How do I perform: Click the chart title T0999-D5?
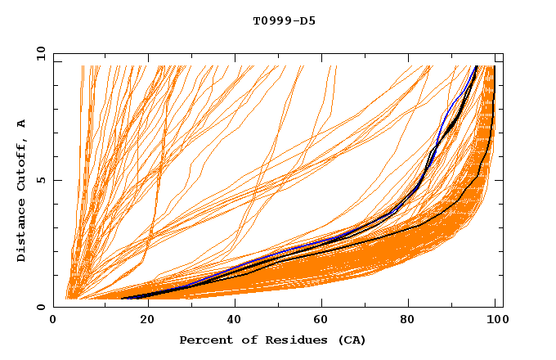coord(284,21)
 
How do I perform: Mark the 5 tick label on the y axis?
coord(41,180)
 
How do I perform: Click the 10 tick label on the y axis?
coord(38,53)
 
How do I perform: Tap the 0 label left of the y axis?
coord(41,307)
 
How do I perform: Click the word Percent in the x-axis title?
coord(204,340)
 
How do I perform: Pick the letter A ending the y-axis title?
coord(22,124)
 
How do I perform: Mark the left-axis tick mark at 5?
coord(56,180)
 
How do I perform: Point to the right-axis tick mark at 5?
coord(500,180)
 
